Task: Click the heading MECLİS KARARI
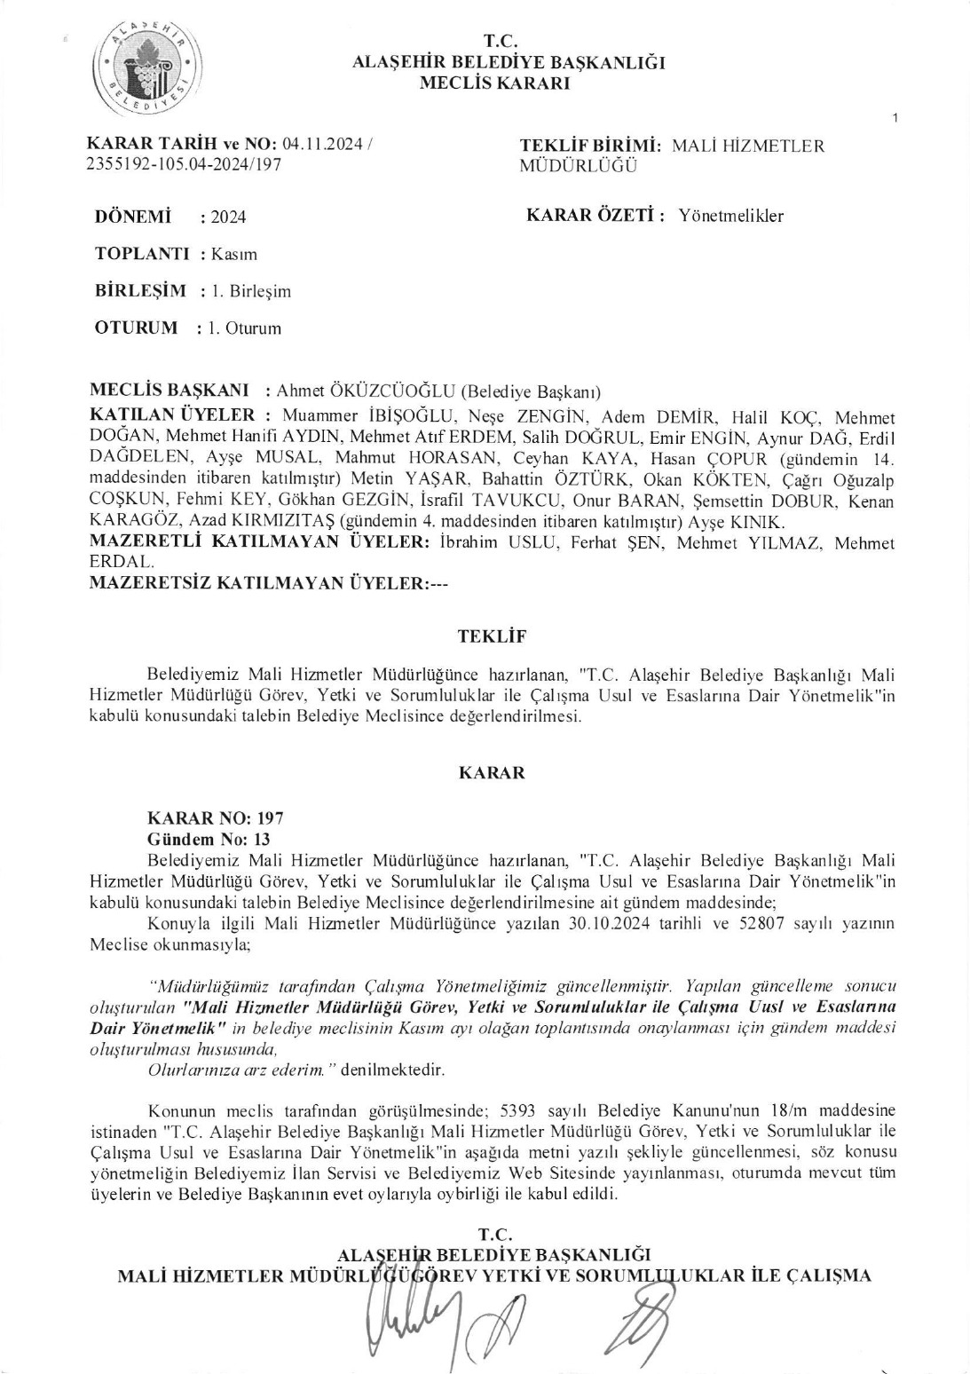point(494,84)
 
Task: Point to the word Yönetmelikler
point(730,216)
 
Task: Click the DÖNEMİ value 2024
point(229,217)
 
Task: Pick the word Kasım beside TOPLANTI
point(234,255)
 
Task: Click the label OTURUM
point(136,328)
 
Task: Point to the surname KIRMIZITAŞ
point(281,521)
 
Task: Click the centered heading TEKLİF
point(492,636)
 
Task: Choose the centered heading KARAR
point(492,773)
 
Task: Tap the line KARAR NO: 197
point(216,818)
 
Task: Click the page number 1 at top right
point(897,117)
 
